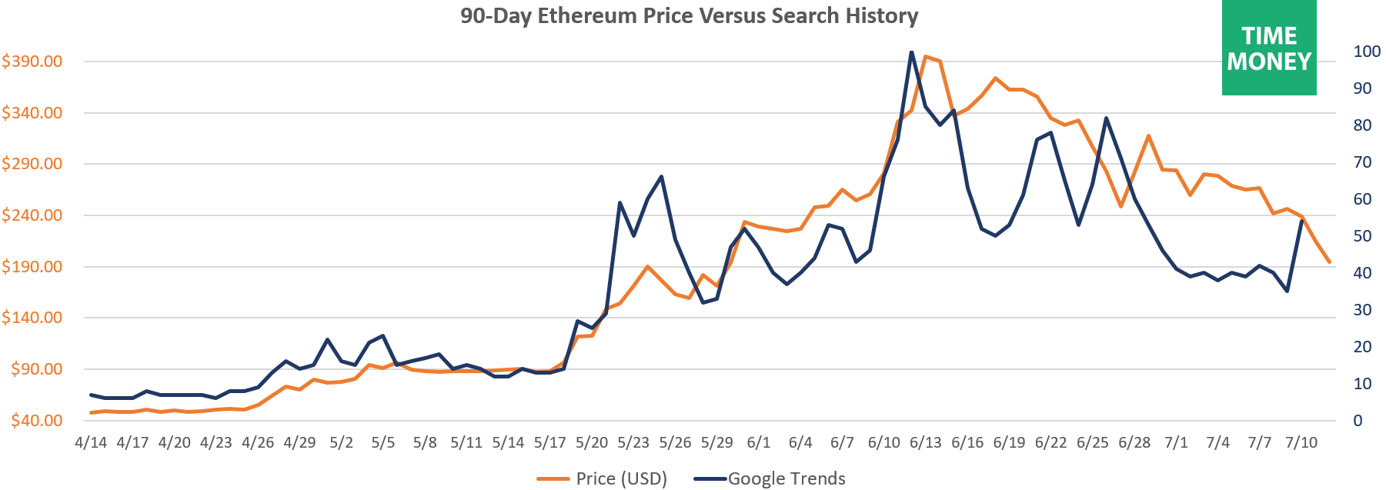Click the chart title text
click(689, 16)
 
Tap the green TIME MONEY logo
click(1269, 48)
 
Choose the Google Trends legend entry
click(770, 478)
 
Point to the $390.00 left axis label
click(32, 62)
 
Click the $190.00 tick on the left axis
click(32, 267)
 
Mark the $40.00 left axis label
click(36, 420)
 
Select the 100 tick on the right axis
click(1367, 52)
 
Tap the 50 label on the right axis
click(1362, 236)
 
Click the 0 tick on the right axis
click(1358, 421)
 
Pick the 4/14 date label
click(91, 442)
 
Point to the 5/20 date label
click(592, 442)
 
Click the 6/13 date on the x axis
click(925, 442)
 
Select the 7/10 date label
click(1301, 442)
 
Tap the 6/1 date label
click(759, 442)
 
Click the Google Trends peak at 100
click(911, 52)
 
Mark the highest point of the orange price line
click(925, 56)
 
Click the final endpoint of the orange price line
click(1329, 262)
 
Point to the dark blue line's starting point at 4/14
click(91, 395)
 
